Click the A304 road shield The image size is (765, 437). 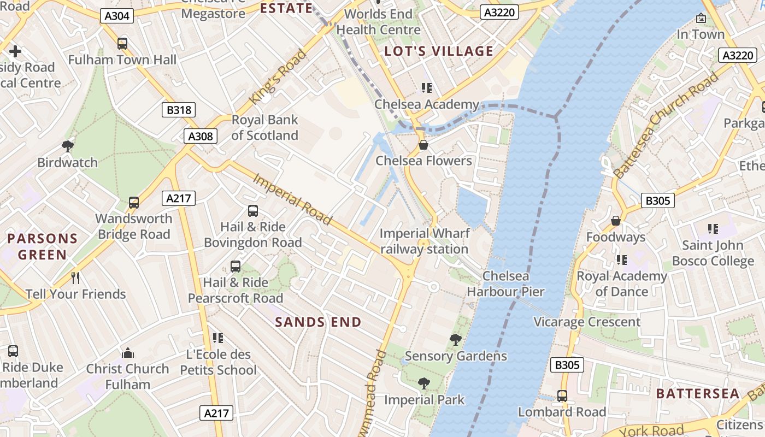117,15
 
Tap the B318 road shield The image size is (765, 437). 179,110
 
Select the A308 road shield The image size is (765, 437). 201,136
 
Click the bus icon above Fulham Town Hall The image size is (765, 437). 122,44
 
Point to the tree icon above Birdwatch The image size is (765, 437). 68,146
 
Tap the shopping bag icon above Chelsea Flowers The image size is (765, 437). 423,145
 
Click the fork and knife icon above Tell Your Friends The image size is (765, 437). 75,278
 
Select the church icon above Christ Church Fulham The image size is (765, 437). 128,352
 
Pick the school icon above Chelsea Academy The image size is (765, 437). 426,88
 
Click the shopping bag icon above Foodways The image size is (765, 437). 616,221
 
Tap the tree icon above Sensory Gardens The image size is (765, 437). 455,340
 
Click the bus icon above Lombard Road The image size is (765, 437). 562,396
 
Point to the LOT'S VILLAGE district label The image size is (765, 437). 439,51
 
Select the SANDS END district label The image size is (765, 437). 318,322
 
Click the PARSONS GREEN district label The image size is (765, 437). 43,246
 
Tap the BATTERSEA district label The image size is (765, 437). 698,394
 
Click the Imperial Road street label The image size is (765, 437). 292,199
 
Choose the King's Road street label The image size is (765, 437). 278,77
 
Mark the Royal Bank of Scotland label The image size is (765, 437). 265,127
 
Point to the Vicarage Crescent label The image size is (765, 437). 587,322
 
